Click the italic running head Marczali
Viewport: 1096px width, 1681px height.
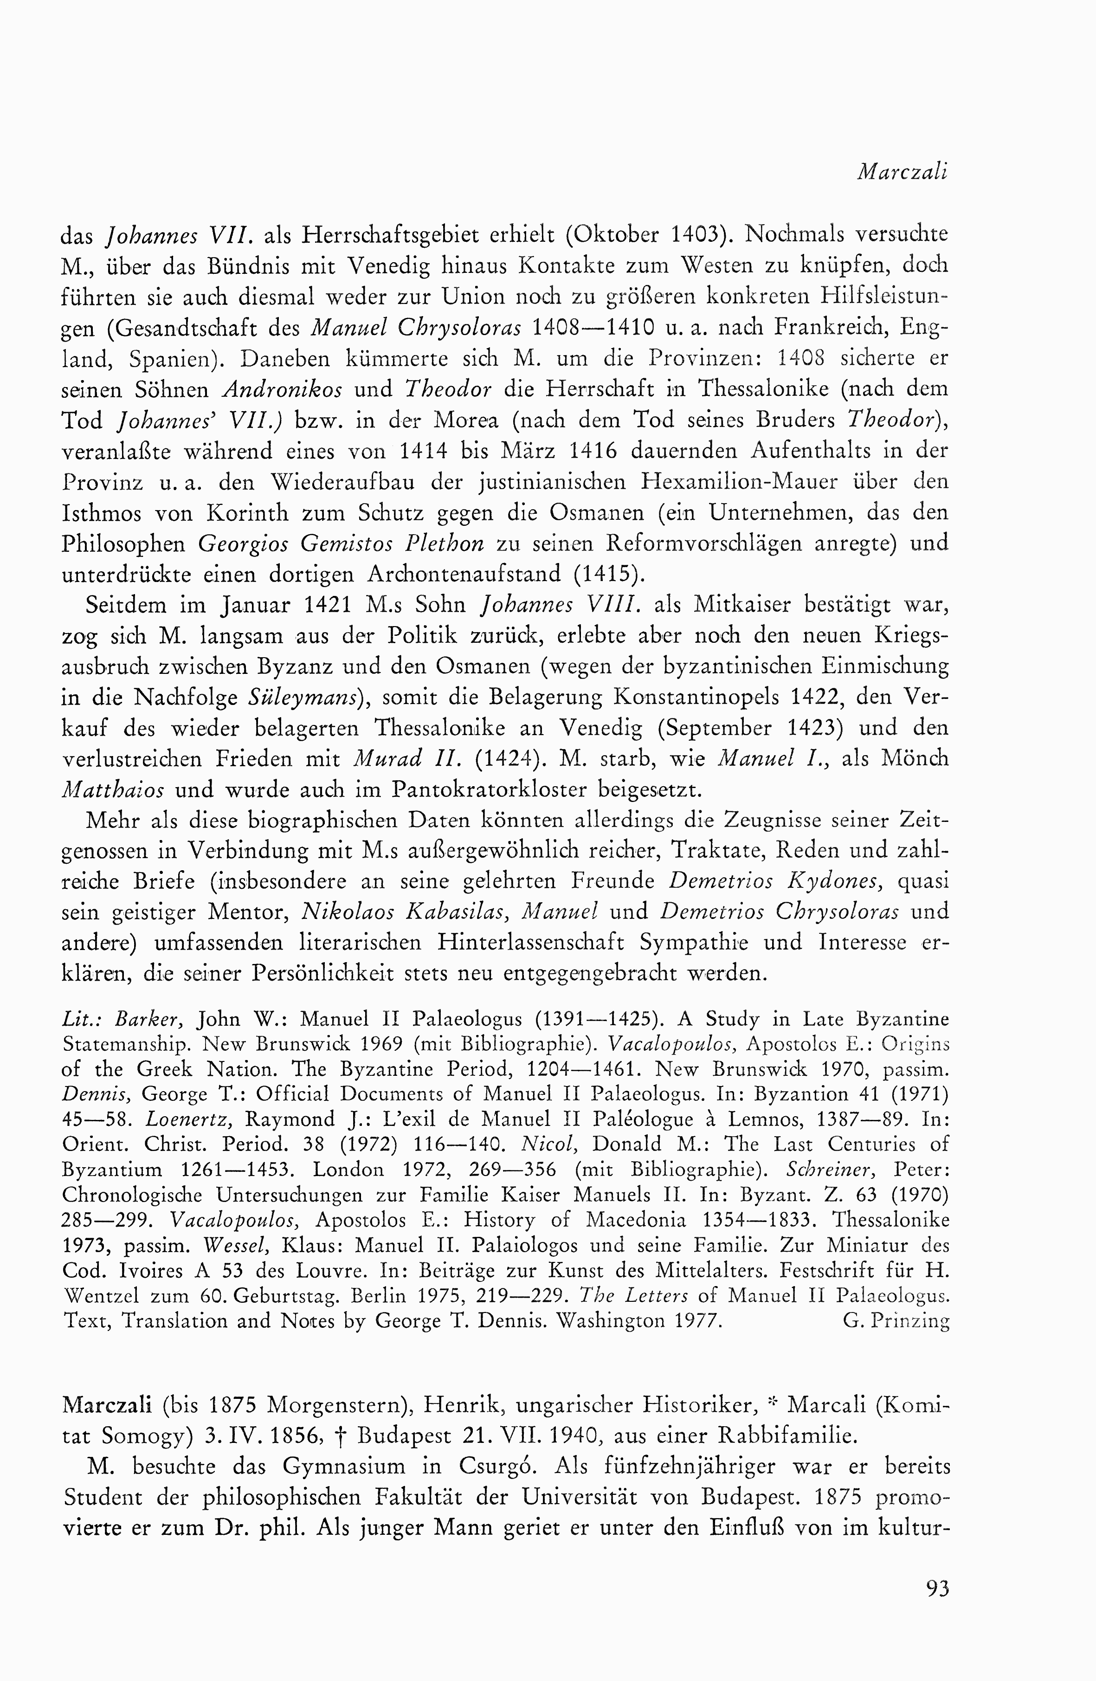902,172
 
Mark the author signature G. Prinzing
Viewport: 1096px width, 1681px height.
896,1321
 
